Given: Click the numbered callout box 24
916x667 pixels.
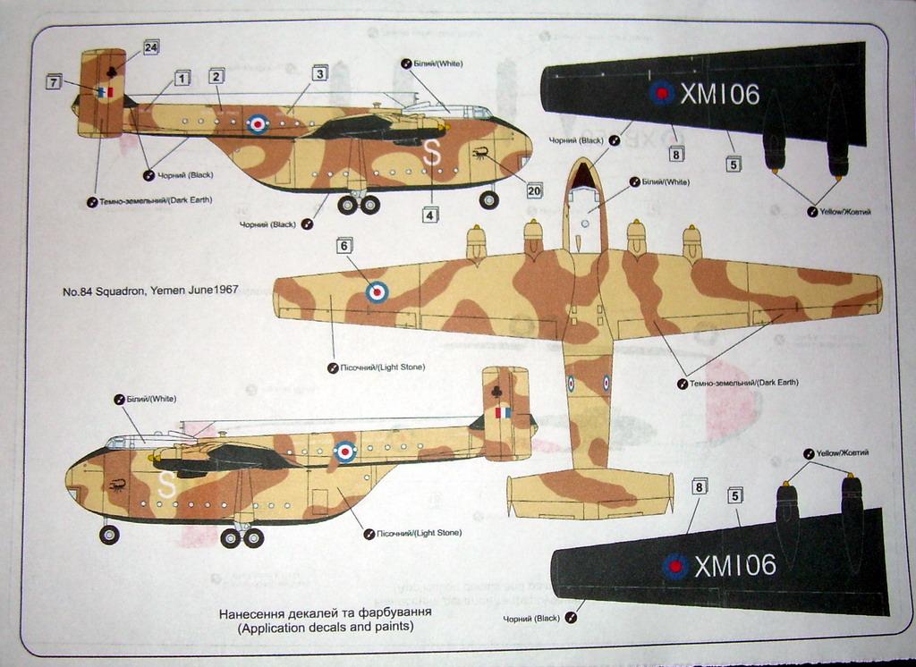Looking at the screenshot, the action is (150, 47).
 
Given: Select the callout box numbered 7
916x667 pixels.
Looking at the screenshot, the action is (54, 83).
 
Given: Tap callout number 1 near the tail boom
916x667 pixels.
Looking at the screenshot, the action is (182, 79).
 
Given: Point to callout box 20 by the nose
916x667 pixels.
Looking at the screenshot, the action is (534, 190).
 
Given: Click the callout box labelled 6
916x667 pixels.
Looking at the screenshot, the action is (343, 245).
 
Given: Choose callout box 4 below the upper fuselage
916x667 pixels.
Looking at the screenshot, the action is (430, 215).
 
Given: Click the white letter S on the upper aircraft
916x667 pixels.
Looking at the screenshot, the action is (432, 153).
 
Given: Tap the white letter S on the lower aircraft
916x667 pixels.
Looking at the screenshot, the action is (166, 484).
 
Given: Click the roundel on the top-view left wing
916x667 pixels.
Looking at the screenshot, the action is (377, 291).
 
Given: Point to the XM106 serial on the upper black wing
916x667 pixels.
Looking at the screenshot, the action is (719, 94).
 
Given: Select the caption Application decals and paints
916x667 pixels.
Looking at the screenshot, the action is (325, 628).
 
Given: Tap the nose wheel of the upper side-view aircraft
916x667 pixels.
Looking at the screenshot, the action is (488, 199).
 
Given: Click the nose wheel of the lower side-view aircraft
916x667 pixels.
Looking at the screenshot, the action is (109, 535).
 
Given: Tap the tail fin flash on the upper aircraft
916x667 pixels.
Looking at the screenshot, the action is (106, 92).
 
